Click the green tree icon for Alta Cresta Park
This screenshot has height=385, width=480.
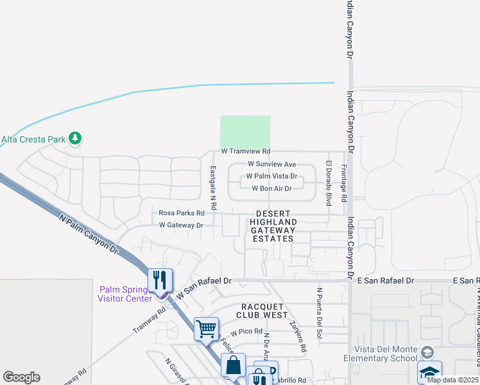[76, 138]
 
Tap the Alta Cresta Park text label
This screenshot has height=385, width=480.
[33, 139]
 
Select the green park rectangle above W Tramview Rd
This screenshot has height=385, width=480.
[245, 132]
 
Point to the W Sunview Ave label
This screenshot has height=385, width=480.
[271, 164]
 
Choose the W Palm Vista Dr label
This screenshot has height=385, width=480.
[272, 176]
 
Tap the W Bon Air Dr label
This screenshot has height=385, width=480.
[271, 189]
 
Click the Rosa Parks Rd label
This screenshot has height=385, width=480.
[181, 213]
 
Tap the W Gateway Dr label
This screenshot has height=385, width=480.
[181, 225]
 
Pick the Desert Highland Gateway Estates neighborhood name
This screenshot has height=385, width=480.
[273, 226]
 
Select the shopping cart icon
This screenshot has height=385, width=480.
[206, 329]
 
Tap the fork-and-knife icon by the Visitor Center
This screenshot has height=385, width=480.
[160, 280]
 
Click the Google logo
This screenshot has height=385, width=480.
[21, 377]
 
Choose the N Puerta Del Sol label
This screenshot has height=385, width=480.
[318, 312]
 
